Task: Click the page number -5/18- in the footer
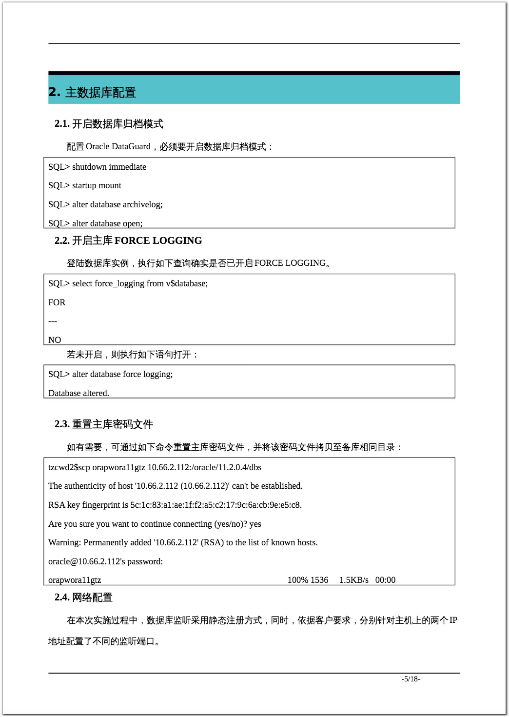pos(411,679)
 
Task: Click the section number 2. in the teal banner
pos(55,92)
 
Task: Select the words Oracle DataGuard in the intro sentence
pos(118,146)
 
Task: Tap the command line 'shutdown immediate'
pos(109,167)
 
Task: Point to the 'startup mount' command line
pos(97,185)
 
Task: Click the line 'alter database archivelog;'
pos(117,204)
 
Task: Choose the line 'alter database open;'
pos(107,223)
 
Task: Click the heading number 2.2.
pos(62,240)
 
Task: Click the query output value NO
pos(55,340)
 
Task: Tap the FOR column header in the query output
pos(57,302)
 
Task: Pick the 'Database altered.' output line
pos(78,393)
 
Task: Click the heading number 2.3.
pos(62,424)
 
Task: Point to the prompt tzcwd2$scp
pos(69,467)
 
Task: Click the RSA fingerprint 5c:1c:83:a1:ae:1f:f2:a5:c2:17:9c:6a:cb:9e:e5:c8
pos(215,505)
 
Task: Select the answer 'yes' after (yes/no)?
pos(255,524)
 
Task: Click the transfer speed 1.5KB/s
pos(353,580)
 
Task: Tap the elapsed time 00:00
pos(385,580)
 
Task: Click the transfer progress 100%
pos(297,580)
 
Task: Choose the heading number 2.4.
pos(62,597)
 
